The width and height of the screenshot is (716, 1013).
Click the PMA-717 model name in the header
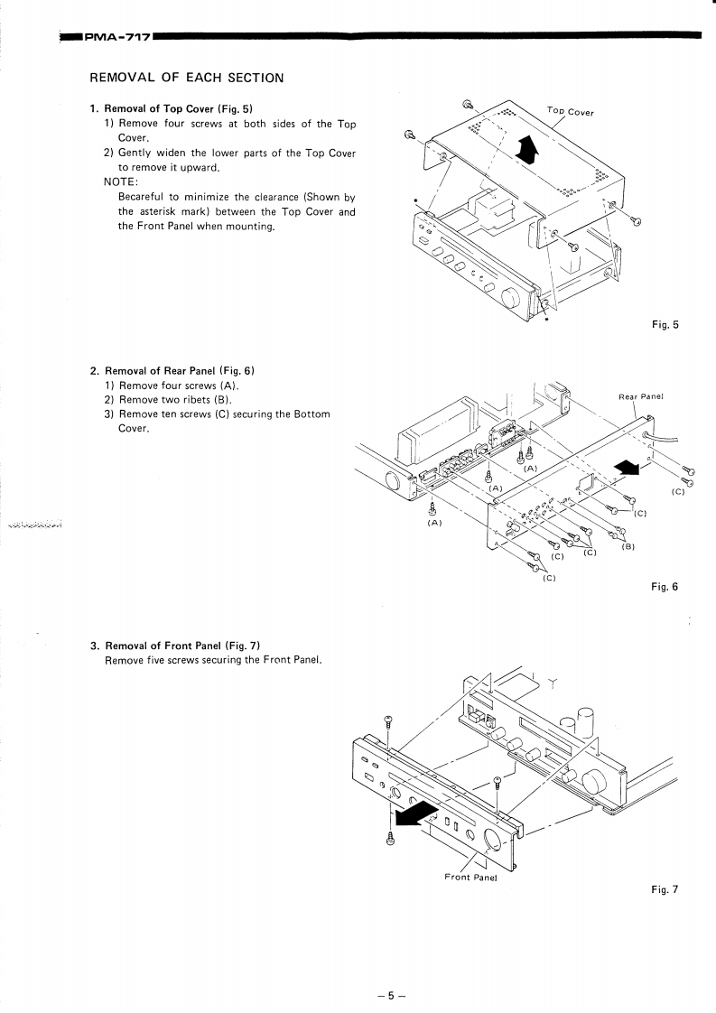(116, 37)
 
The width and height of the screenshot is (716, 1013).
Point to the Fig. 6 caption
(665, 587)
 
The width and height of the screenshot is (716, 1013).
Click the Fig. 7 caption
(665, 889)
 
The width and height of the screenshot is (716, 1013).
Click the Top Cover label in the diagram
(571, 111)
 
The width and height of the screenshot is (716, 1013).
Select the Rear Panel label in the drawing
(641, 395)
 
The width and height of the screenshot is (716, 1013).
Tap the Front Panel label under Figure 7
(471, 877)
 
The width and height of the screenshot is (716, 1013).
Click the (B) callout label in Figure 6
(628, 546)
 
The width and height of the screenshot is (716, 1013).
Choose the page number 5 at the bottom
(391, 996)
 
